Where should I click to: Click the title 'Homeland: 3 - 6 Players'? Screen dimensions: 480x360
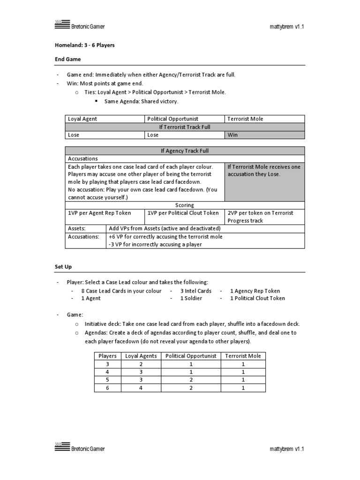point(85,45)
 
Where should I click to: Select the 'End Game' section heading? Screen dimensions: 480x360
point(68,60)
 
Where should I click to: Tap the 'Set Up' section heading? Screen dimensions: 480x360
point(63,266)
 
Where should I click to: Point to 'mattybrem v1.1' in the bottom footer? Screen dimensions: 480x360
point(287,449)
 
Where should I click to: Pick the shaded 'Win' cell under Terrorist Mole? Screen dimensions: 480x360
point(265,135)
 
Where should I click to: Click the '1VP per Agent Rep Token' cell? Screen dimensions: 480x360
point(99,213)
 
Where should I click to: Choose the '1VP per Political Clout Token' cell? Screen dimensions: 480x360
point(183,213)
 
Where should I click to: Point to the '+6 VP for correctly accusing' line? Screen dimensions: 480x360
point(165,237)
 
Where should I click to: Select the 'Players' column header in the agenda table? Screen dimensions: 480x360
point(107,356)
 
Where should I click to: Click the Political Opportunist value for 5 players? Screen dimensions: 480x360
point(191,380)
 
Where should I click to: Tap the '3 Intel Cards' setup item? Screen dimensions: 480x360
point(195,291)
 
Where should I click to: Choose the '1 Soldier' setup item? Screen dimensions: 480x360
point(191,298)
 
